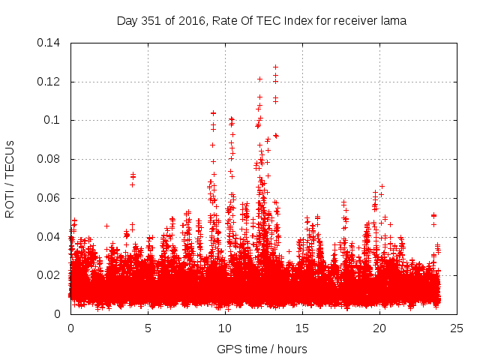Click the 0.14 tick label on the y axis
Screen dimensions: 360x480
51,43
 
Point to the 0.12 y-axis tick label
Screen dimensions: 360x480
51,82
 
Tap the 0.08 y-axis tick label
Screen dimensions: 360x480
51,159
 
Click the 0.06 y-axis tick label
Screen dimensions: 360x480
51,198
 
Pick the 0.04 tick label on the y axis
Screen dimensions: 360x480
51,237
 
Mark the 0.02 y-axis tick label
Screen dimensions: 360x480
51,275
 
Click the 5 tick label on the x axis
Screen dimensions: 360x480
148,328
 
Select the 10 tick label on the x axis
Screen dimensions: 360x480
226,328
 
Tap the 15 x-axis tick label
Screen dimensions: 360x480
303,328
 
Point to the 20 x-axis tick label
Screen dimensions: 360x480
380,328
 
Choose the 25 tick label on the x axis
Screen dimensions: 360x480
457,328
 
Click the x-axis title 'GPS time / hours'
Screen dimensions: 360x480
262,349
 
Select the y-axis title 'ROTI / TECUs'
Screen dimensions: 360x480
10,179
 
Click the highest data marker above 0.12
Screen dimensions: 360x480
275,67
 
